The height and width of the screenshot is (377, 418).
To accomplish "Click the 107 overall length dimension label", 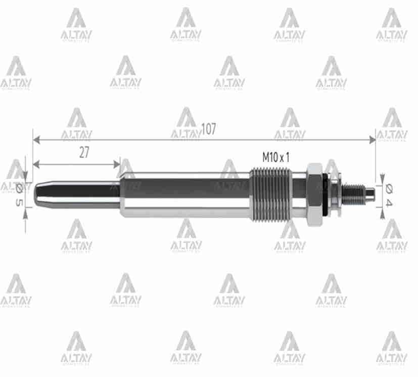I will (x=208, y=129).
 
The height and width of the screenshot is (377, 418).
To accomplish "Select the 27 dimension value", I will (x=84, y=153).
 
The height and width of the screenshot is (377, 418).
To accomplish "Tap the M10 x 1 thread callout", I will (x=275, y=157).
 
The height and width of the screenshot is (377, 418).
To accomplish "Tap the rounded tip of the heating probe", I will (x=37, y=193).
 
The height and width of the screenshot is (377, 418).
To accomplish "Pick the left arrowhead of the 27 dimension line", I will (x=36, y=163).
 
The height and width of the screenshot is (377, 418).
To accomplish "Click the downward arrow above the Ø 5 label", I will (x=25, y=177).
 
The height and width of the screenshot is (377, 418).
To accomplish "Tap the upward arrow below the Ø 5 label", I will (x=25, y=212).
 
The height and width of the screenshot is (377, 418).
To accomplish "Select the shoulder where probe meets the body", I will (x=121, y=194).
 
